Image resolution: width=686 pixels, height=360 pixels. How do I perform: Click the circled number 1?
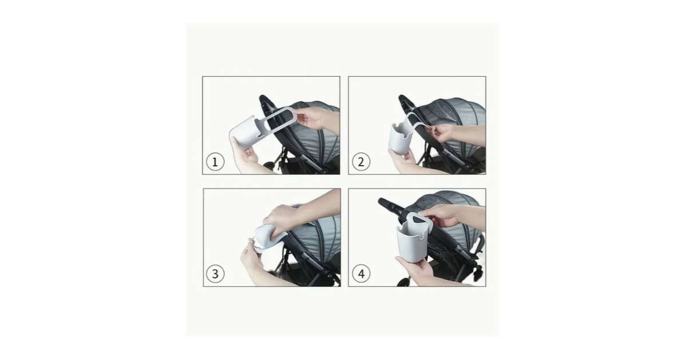pyautogui.click(x=215, y=162)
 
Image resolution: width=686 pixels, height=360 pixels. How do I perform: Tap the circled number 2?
pyautogui.click(x=361, y=162)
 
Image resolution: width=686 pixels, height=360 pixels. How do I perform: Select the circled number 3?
pyautogui.click(x=215, y=274)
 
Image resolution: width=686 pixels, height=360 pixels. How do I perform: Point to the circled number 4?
pyautogui.click(x=361, y=274)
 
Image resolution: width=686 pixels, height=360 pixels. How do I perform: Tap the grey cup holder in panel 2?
pyautogui.click(x=401, y=138)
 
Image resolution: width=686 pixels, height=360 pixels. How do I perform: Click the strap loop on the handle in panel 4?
pyautogui.click(x=420, y=221)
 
